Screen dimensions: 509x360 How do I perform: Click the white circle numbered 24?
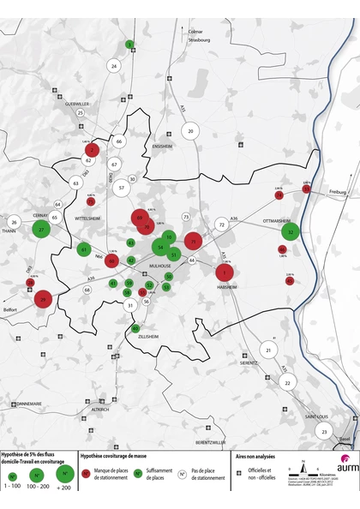coord(114,66)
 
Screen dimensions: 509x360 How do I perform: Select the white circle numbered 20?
coord(190,131)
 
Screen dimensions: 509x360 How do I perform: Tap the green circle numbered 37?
coord(41,230)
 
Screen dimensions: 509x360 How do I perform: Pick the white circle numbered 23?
coord(324,432)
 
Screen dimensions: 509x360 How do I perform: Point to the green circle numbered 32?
coord(292,232)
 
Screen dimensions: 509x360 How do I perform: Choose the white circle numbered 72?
coord(221,225)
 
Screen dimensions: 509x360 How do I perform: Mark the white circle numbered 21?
coord(268,350)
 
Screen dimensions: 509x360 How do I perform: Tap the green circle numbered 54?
coord(159,248)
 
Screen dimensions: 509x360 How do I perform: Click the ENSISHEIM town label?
coord(163,147)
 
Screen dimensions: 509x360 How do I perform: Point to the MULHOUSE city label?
coord(160,266)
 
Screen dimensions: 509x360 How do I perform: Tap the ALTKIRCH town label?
coord(100,410)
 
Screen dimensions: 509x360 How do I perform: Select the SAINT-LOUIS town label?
coord(317,416)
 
